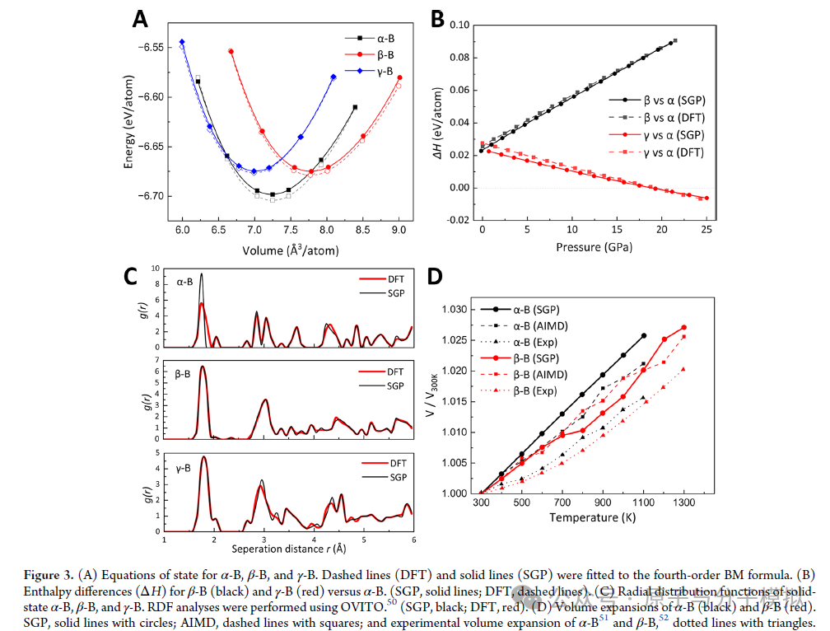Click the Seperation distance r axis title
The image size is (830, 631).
(x=289, y=548)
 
